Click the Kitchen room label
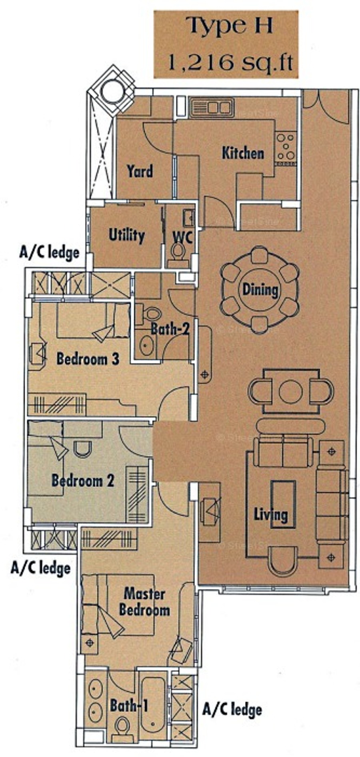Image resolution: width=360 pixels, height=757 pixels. pyautogui.click(x=243, y=153)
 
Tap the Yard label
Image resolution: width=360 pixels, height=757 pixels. pyautogui.click(x=140, y=172)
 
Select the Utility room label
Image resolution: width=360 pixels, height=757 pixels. pyautogui.click(x=126, y=235)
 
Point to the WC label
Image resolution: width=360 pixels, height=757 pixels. pyautogui.click(x=182, y=237)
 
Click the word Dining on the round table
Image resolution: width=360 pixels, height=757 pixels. pyautogui.click(x=260, y=289)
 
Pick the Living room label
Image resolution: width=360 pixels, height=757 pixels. pyautogui.click(x=271, y=515)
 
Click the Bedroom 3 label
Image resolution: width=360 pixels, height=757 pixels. pyautogui.click(x=88, y=358)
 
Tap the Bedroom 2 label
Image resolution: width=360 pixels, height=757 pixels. pyautogui.click(x=83, y=481)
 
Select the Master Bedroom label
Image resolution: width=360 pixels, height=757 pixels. pyautogui.click(x=144, y=602)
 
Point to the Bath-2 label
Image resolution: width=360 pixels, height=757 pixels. pyautogui.click(x=170, y=329)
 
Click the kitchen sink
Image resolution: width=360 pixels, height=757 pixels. pyautogui.click(x=212, y=107)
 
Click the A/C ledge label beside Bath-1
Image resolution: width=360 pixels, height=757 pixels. pyautogui.click(x=232, y=709)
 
